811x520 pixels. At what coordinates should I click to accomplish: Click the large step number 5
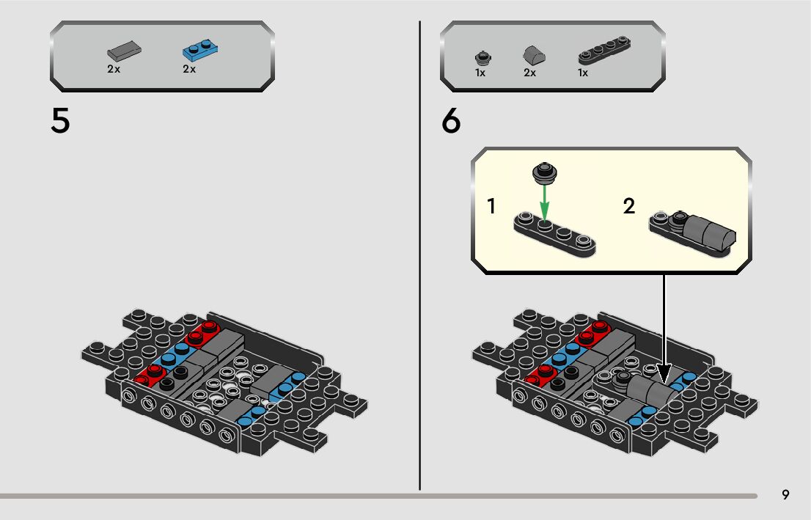coord(60,121)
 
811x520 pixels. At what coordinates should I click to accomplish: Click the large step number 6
coord(451,121)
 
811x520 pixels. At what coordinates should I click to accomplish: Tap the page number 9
coord(785,494)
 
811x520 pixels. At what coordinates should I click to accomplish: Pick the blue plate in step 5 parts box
coord(200,50)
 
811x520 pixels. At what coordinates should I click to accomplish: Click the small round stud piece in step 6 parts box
coord(483,58)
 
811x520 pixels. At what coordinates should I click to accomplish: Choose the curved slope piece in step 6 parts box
coord(535,55)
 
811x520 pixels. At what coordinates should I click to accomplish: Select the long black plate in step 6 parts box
coord(605,50)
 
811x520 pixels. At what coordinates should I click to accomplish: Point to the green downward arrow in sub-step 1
coord(544,202)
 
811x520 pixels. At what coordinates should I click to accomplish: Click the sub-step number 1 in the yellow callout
coord(491,206)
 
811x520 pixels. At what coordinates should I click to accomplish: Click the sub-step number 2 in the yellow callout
coord(629,206)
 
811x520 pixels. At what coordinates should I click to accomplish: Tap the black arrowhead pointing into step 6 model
coord(664,374)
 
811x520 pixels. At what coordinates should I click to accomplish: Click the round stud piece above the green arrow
coord(544,173)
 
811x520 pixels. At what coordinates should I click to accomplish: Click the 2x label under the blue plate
coord(189,69)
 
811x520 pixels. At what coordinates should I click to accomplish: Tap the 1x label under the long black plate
coord(583,73)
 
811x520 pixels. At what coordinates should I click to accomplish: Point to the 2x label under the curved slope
coord(529,73)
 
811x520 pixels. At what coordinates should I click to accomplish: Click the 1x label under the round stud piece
coord(480,73)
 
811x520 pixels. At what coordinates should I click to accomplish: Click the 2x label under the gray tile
coord(114,69)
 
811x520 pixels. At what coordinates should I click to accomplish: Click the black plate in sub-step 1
coord(554,235)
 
